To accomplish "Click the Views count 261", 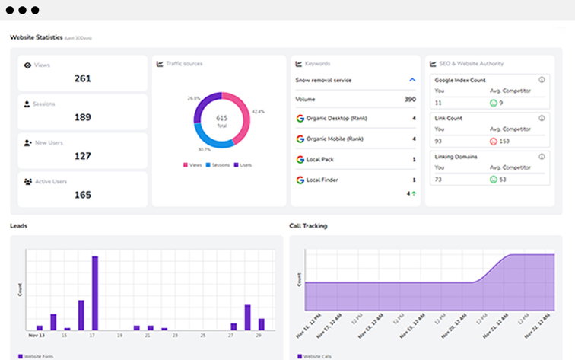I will point(82,78).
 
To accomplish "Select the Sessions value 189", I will point(82,117).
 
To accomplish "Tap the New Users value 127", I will point(82,156).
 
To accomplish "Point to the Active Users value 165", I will point(82,195).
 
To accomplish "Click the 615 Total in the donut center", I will point(221,122).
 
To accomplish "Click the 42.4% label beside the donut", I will point(258,112).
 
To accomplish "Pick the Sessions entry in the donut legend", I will point(218,164).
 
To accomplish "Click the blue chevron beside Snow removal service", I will point(412,79).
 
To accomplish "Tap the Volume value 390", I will point(409,99).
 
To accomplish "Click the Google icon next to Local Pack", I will point(300,159).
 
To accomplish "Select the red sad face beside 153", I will point(493,141).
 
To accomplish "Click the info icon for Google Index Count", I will point(542,79).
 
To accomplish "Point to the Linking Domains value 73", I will point(439,179).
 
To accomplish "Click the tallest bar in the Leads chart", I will point(95,292).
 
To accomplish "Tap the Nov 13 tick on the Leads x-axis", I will point(36,334).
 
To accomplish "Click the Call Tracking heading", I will point(309,225).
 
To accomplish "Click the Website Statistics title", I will point(36,37).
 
